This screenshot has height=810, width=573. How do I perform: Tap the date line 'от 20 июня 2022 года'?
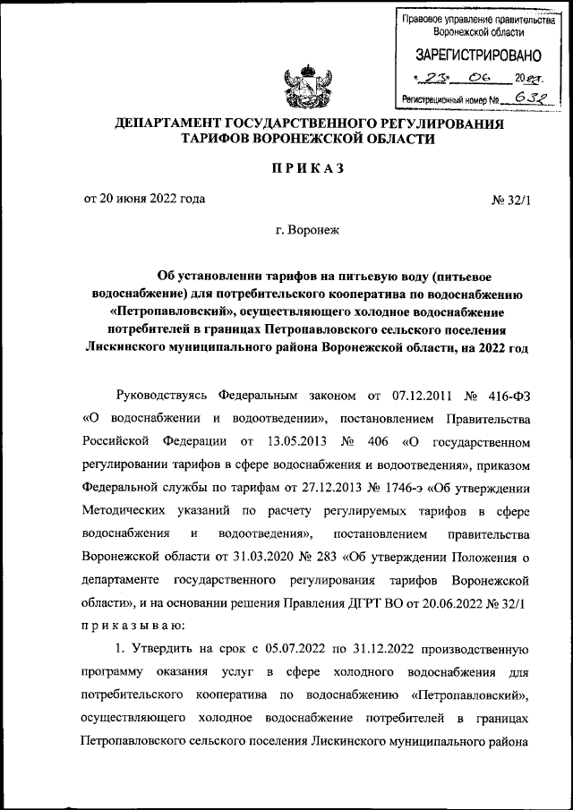tap(145, 198)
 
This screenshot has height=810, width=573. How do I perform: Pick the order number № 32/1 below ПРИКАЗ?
tap(511, 199)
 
